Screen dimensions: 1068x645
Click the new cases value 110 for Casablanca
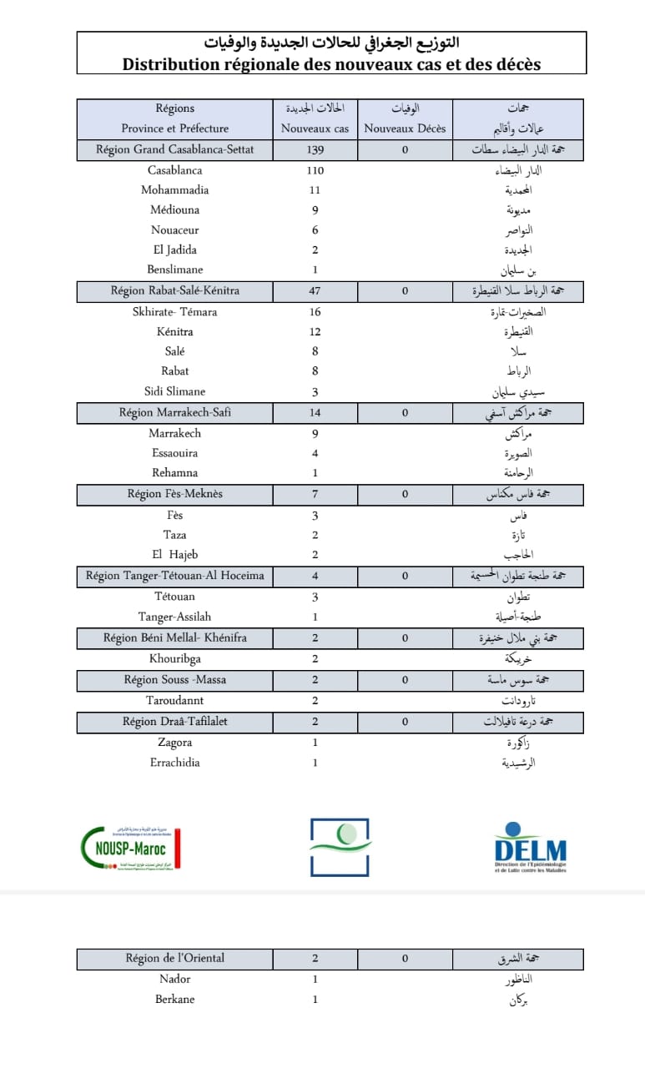tap(315, 170)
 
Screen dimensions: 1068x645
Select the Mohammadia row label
tap(174, 190)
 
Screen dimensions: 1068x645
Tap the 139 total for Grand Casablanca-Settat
tap(315, 150)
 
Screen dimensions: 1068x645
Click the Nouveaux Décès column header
tap(405, 128)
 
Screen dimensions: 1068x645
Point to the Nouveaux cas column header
tap(315, 128)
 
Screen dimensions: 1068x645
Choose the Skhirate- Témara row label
tap(174, 312)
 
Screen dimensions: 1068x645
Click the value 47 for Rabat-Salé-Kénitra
tap(315, 291)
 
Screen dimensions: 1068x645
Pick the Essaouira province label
tap(174, 453)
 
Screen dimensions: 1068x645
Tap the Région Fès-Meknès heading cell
tap(174, 494)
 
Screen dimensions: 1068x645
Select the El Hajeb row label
tap(174, 555)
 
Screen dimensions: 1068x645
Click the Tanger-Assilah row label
tap(174, 617)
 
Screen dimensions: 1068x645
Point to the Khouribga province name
tap(174, 658)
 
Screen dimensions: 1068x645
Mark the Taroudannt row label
tap(174, 700)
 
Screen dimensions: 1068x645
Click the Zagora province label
tap(174, 742)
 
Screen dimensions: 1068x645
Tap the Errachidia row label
tap(174, 762)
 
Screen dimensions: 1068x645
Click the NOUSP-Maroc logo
tap(132, 848)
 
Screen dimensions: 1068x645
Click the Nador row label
tap(174, 979)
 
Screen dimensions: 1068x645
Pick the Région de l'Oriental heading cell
tap(174, 959)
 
